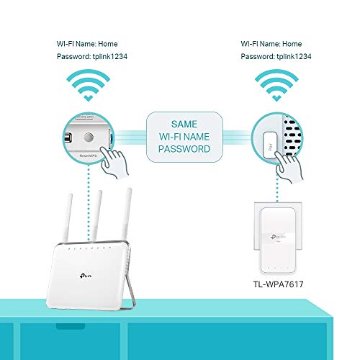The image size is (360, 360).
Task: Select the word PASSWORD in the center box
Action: click(x=184, y=150)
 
